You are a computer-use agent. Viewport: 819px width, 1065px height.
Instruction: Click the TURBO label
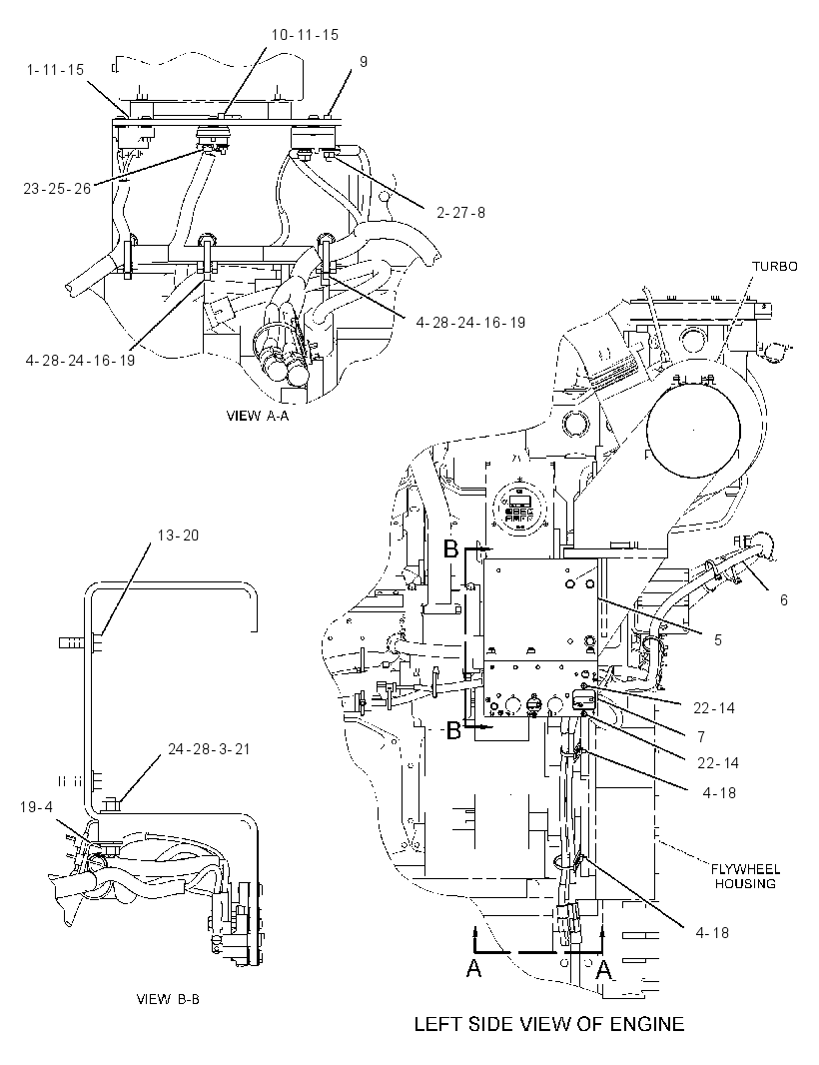(x=775, y=266)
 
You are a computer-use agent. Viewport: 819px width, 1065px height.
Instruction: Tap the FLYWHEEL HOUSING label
(x=745, y=876)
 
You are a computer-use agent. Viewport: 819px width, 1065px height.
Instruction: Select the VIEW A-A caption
(x=258, y=416)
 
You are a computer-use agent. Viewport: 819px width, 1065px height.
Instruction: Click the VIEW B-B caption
(x=169, y=999)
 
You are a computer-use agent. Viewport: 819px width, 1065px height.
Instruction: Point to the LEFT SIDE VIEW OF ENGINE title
(x=549, y=1024)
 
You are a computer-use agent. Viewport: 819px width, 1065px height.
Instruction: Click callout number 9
(x=364, y=62)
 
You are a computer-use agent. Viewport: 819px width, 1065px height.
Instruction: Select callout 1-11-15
(x=56, y=70)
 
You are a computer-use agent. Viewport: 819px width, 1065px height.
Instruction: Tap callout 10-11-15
(x=305, y=35)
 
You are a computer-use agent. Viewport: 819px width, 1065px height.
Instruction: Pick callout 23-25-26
(x=57, y=188)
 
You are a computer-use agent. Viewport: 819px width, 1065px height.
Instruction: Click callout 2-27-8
(x=461, y=213)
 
